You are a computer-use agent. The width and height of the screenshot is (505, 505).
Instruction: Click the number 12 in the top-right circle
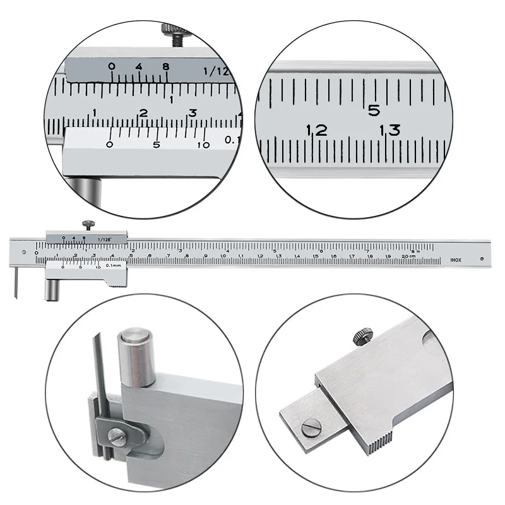(x=317, y=131)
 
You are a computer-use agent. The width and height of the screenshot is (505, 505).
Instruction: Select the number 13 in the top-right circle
(x=389, y=131)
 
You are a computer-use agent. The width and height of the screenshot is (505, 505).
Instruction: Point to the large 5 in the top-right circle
(x=374, y=110)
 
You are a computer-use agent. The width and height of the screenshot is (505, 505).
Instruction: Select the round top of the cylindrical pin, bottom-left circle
(x=135, y=335)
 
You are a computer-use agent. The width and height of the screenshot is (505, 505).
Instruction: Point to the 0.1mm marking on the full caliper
(x=114, y=267)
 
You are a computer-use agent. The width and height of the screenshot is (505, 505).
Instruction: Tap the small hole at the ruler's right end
(x=481, y=257)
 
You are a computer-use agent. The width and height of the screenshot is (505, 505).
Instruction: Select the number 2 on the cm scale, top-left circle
(x=143, y=114)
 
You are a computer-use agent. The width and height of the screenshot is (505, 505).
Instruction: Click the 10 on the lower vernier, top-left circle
(x=203, y=145)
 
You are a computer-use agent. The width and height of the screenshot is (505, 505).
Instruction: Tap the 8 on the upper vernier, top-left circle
(x=165, y=66)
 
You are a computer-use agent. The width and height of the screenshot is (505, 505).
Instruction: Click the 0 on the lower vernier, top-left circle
(x=110, y=145)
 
